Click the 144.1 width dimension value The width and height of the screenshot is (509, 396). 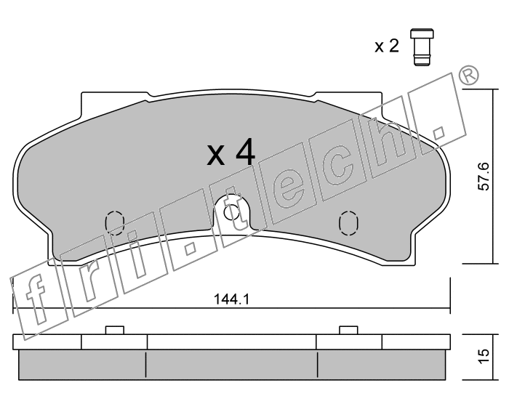tap(232, 299)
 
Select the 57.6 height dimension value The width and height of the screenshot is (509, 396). tap(484, 176)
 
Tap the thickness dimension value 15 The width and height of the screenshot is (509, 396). tap(484, 357)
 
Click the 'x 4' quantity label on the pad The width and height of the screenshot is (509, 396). tap(231, 153)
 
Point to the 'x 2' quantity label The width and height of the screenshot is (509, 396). tap(387, 47)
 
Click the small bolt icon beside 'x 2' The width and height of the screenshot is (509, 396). tap(422, 47)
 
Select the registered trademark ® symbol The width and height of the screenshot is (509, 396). tap(468, 76)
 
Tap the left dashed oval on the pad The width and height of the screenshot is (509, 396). tap(115, 223)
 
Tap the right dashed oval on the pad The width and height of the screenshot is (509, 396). tap(348, 223)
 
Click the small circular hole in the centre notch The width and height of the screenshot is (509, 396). tap(232, 213)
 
